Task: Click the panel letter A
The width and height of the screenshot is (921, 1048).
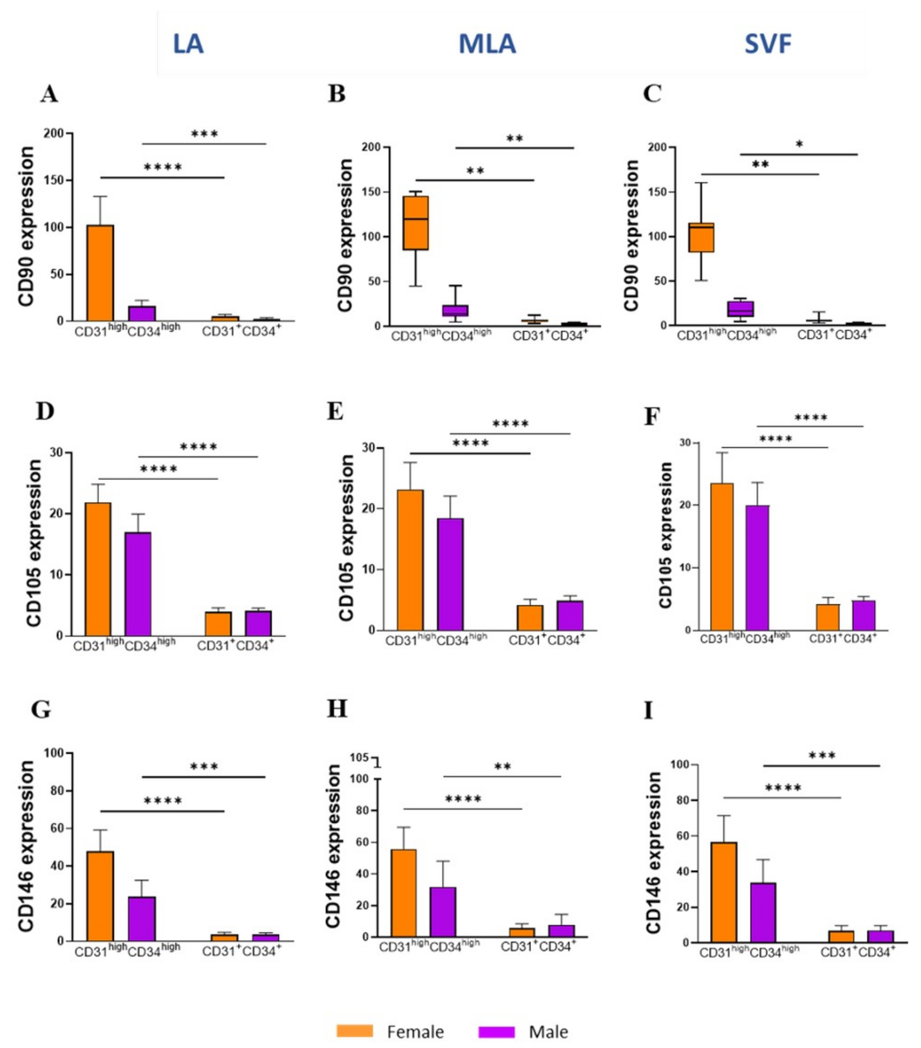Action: (49, 94)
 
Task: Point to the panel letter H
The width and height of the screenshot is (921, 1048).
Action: (337, 709)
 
